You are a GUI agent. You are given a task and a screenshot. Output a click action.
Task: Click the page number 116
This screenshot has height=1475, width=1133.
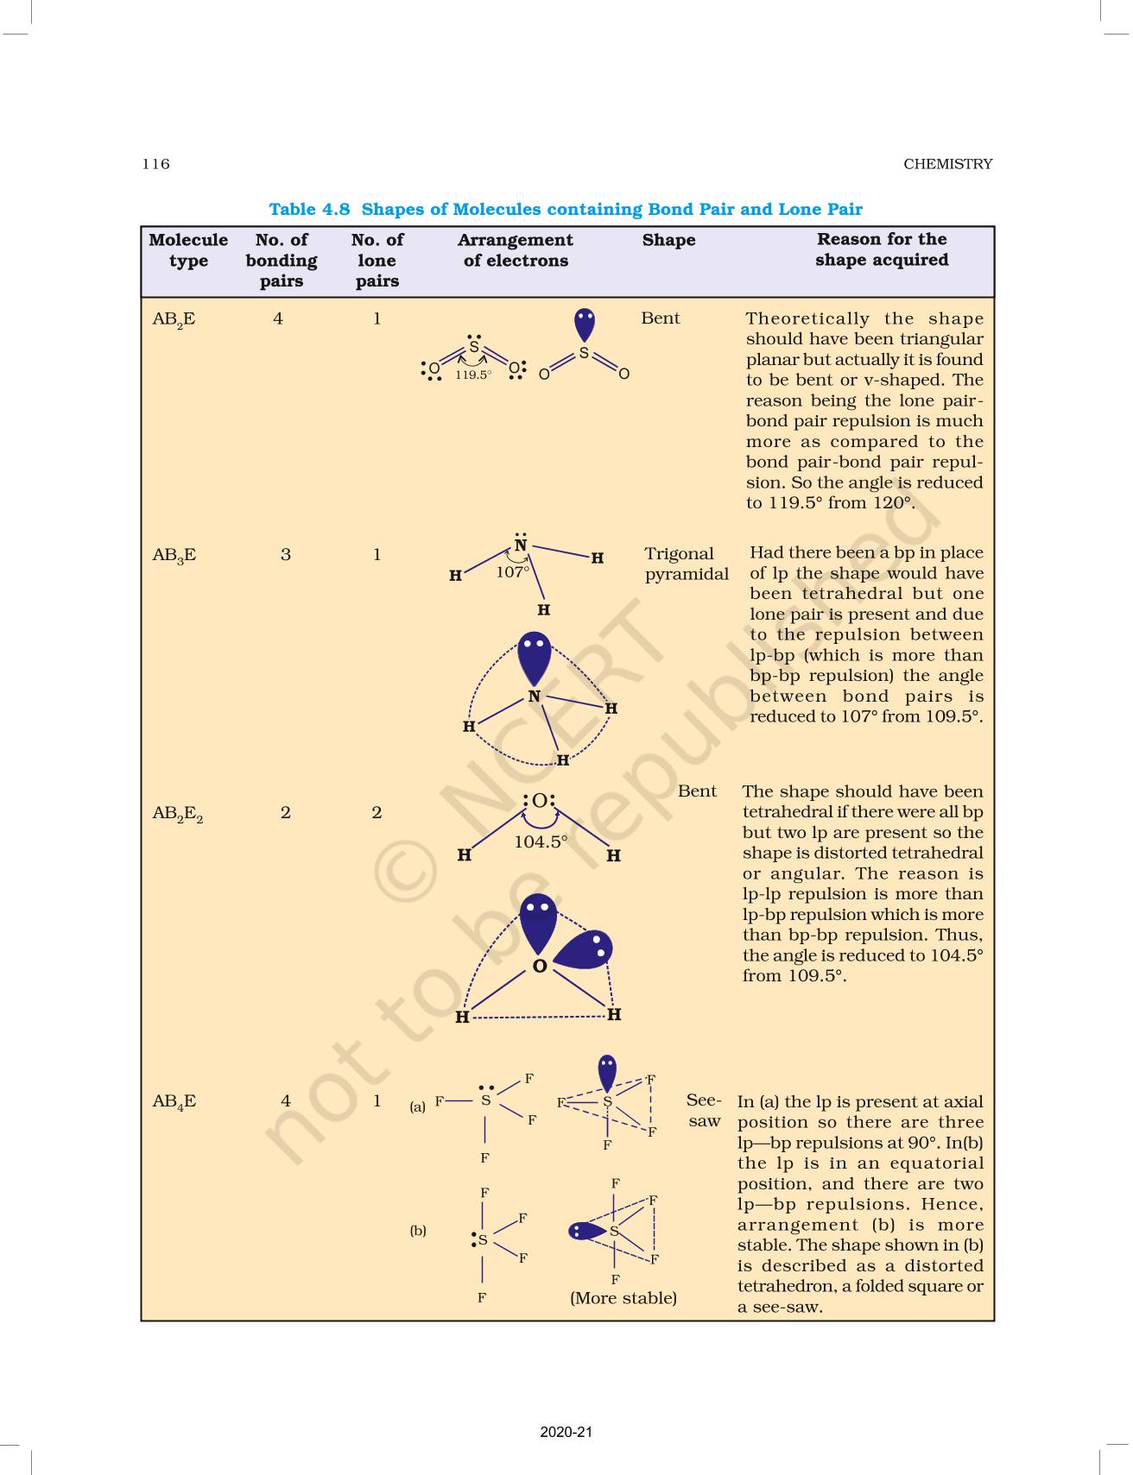[156, 164]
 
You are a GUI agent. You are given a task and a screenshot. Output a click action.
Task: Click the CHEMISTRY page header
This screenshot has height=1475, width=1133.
[947, 164]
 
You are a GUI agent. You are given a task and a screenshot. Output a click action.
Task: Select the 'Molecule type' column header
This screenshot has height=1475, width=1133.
[188, 250]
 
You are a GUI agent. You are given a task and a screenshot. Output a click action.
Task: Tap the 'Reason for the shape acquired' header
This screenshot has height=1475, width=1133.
[882, 249]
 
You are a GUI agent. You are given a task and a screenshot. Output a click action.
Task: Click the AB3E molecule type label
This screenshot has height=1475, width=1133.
[174, 555]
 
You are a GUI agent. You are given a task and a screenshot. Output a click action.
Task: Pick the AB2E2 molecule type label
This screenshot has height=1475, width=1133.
[177, 813]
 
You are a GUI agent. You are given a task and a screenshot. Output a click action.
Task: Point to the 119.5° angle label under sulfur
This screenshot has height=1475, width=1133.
[473, 375]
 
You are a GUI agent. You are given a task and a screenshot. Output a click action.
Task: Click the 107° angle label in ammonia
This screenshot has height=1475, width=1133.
[512, 571]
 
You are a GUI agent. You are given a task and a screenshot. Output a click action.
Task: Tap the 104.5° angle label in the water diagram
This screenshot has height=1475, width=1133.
[541, 842]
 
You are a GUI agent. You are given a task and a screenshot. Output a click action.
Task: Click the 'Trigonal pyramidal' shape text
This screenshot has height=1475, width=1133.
[687, 564]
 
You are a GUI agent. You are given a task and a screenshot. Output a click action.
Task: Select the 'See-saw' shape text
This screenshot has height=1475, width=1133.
[704, 1111]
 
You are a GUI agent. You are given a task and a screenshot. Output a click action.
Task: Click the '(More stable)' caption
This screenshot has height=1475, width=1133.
[623, 1298]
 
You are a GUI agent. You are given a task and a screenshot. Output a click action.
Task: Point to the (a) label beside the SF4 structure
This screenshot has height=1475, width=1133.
[418, 1106]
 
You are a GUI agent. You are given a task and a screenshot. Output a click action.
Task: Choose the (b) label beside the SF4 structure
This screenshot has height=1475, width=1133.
[418, 1231]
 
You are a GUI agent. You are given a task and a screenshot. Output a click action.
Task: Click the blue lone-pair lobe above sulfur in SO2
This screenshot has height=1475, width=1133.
[585, 325]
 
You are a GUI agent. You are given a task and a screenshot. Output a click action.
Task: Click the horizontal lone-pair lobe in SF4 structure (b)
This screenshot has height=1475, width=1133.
[586, 1231]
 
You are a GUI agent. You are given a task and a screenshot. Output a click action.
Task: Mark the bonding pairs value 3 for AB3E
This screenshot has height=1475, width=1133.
[286, 554]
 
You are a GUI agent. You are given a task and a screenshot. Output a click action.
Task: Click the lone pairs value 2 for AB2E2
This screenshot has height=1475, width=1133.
[377, 812]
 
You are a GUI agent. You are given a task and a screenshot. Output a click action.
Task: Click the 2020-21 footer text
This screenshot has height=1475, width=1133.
[566, 1433]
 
